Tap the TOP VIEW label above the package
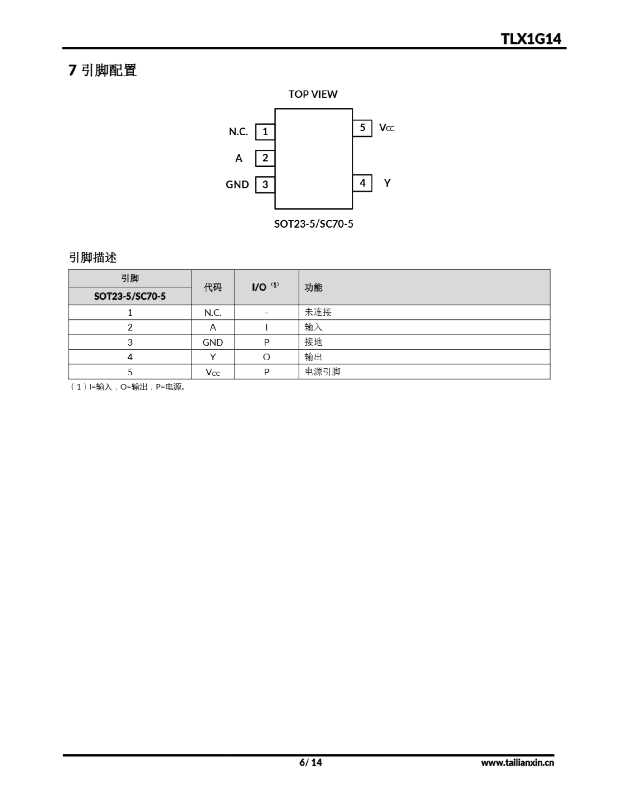tap(313, 94)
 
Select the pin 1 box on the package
tap(265, 132)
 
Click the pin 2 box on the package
tap(265, 158)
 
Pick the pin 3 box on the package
tap(265, 185)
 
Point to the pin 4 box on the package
tap(362, 183)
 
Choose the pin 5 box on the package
tap(362, 128)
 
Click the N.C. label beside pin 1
tap(238, 132)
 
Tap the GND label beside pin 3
tap(237, 185)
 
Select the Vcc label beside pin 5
tap(386, 128)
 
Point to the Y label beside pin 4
tap(387, 183)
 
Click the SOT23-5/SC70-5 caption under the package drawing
tap(313, 224)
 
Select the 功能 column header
tap(313, 287)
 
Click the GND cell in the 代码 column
tap(212, 342)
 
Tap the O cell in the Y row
tap(266, 357)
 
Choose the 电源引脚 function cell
tap(322, 372)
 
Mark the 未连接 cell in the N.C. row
tap(318, 312)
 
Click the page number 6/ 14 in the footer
tap(310, 762)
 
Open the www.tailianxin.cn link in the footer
tap(517, 762)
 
